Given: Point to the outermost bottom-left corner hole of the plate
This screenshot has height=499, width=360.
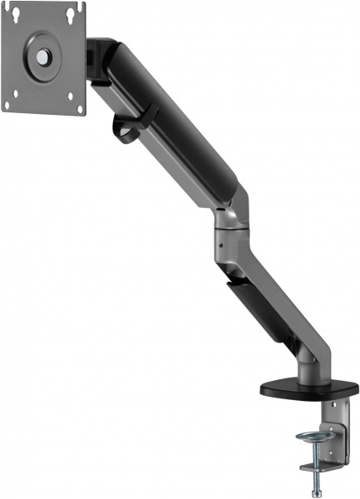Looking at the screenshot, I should tap(6, 106).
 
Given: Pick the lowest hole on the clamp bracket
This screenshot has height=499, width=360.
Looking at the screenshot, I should tap(337, 454).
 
